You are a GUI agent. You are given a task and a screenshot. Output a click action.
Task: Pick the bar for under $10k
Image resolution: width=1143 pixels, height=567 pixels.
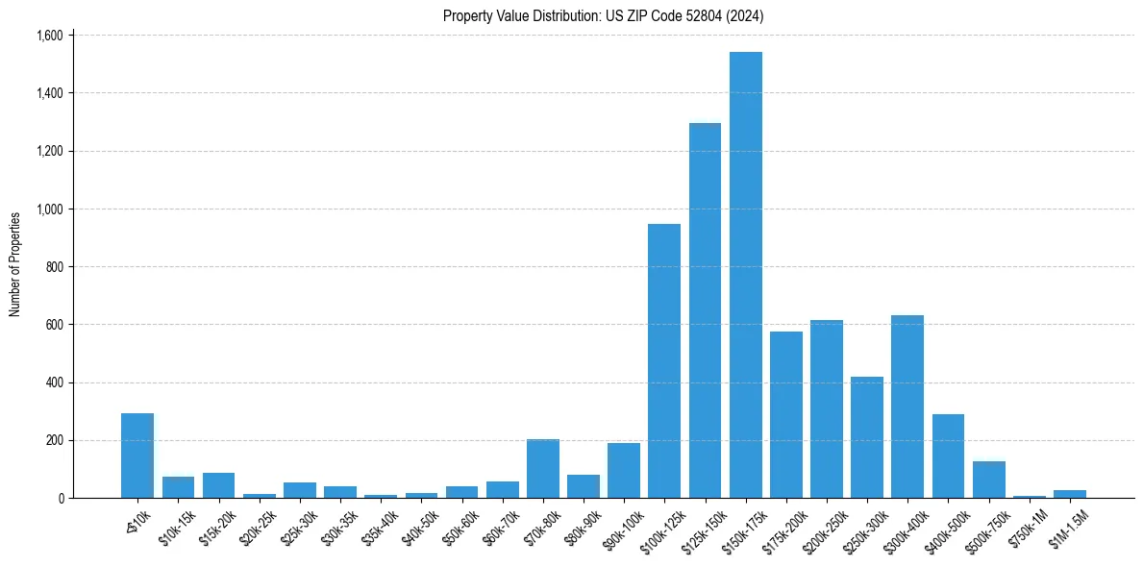pyautogui.click(x=137, y=456)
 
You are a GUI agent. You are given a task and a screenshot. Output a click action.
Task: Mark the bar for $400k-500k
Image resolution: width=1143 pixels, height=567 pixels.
pyautogui.click(x=948, y=456)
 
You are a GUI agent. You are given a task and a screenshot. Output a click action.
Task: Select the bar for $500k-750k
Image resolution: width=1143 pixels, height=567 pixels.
pyautogui.click(x=988, y=480)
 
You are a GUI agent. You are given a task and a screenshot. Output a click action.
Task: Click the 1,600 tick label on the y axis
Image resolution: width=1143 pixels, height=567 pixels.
pyautogui.click(x=49, y=36)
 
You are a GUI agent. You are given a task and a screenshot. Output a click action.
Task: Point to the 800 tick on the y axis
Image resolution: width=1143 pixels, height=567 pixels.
pyautogui.click(x=53, y=267)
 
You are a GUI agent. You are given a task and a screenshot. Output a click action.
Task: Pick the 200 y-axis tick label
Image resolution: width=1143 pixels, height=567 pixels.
pyautogui.click(x=53, y=440)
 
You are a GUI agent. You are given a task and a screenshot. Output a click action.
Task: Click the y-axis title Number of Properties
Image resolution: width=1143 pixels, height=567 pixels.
pyautogui.click(x=15, y=264)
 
